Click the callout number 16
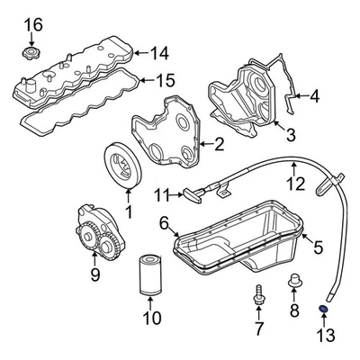[x=31, y=22]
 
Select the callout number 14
[x=159, y=52]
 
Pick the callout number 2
[x=219, y=142]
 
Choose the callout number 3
[x=290, y=136]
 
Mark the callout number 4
[x=314, y=94]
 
